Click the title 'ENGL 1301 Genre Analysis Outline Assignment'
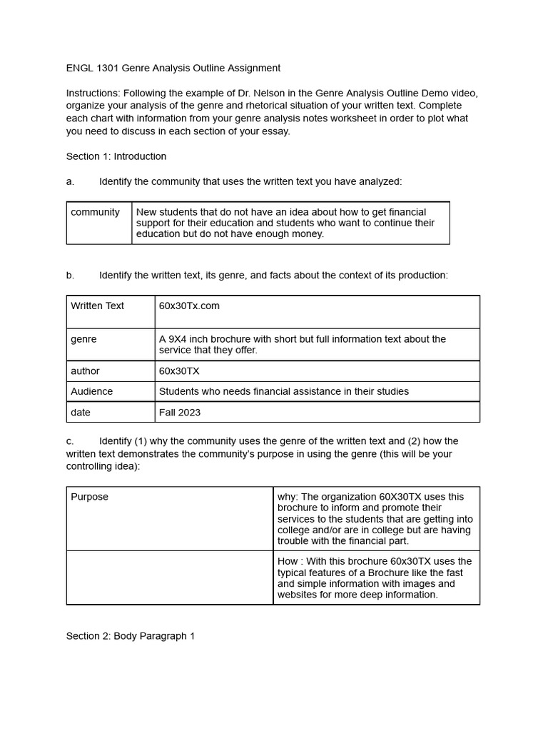pyautogui.click(x=173, y=68)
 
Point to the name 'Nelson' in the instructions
pyautogui.click(x=287, y=94)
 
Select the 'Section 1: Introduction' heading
pyautogui.click(x=116, y=156)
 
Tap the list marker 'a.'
pyautogui.click(x=71, y=182)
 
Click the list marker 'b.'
pyautogui.click(x=71, y=276)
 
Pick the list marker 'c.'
pyautogui.click(x=71, y=441)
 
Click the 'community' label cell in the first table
pyautogui.click(x=96, y=213)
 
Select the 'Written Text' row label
pyautogui.click(x=98, y=306)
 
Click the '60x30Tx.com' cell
pyautogui.click(x=189, y=306)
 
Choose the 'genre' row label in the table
pyautogui.click(x=83, y=340)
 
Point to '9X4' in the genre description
pyautogui.click(x=180, y=340)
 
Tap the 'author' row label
pyautogui.click(x=85, y=371)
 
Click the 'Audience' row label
pyautogui.click(x=91, y=391)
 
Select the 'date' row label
pyautogui.click(x=81, y=413)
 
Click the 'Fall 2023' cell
pyautogui.click(x=180, y=413)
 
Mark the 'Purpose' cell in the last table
pyautogui.click(x=90, y=497)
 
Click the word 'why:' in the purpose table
pyautogui.click(x=288, y=497)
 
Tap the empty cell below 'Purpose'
pyautogui.click(x=169, y=578)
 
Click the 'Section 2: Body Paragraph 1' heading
pyautogui.click(x=131, y=636)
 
